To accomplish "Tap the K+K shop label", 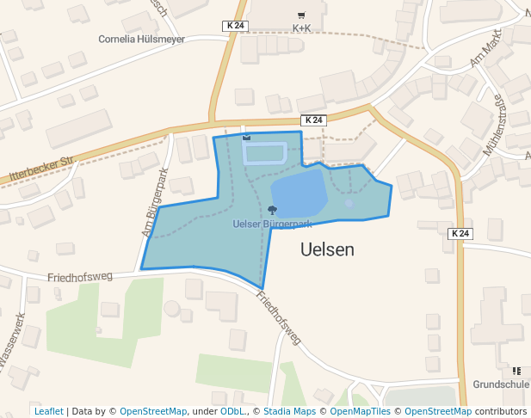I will coord(301,28).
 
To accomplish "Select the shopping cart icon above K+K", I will coord(301,15).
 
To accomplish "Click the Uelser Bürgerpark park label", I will coord(272,224).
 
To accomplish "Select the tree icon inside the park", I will coord(273,211).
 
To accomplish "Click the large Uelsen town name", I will coord(328,249).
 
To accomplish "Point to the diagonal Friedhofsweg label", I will coord(279,317).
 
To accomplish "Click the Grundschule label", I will coord(500,384).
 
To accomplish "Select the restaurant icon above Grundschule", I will coord(516,371).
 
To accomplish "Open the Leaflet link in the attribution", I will coord(48,411).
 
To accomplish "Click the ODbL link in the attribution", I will coord(233,411).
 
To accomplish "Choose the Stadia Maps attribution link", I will coord(289,411).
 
